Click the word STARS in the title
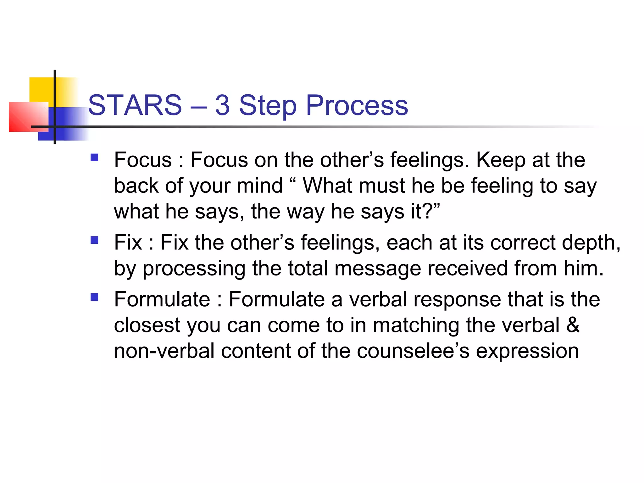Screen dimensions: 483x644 click(135, 105)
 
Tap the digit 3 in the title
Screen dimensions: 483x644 click(222, 105)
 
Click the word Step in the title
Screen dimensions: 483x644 click(268, 106)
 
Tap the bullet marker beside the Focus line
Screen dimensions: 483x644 click(94, 157)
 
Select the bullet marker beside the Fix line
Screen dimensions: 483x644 click(94, 240)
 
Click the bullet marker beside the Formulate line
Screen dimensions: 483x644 click(94, 297)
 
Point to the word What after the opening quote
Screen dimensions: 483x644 click(327, 186)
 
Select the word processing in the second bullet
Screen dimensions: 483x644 click(194, 269)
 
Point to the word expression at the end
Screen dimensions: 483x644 click(527, 352)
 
